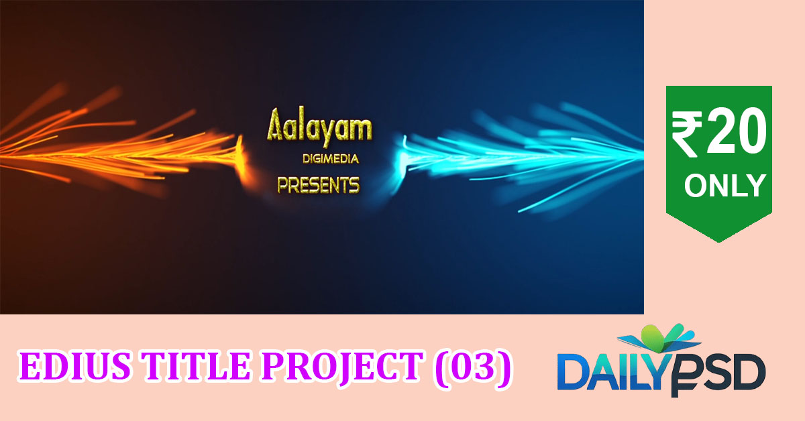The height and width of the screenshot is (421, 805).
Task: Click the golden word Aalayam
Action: click(319, 127)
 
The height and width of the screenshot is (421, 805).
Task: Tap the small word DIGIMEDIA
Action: click(331, 159)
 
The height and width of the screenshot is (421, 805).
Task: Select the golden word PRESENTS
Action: click(319, 185)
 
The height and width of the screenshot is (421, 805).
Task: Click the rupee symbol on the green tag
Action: click(687, 134)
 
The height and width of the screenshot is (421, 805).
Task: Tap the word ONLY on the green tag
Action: click(725, 185)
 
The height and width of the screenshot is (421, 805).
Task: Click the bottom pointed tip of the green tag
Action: click(719, 243)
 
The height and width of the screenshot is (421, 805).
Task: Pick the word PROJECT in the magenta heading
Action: click(343, 368)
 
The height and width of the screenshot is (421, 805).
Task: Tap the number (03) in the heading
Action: click(473, 367)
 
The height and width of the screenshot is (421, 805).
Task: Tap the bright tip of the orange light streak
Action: click(239, 152)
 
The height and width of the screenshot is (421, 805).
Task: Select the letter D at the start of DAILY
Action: click(572, 372)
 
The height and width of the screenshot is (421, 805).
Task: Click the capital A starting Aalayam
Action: click(276, 123)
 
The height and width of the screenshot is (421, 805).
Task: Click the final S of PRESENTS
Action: click(354, 185)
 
